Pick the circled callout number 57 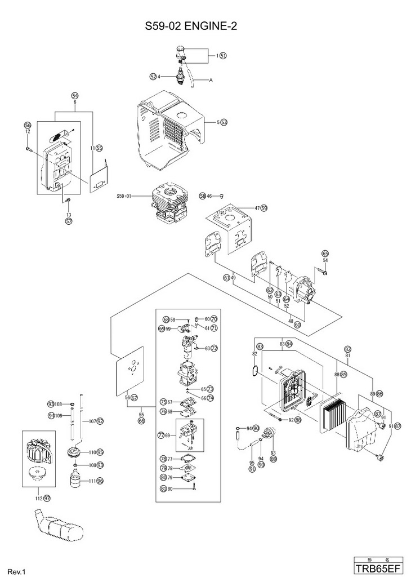[69, 221]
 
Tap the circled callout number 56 [27, 125]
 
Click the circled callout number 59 [264, 208]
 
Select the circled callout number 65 [325, 253]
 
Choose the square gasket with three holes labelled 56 [133, 372]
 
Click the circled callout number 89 [274, 459]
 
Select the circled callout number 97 [47, 498]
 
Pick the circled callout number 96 [100, 481]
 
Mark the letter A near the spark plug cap [211, 81]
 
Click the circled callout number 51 [223, 56]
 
